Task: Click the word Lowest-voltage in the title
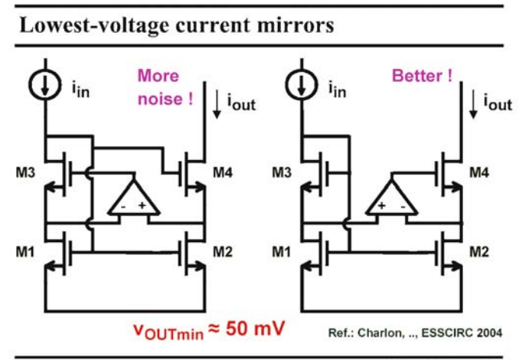[x=94, y=25]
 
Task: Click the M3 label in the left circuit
[x=25, y=172]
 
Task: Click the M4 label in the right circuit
[x=479, y=172]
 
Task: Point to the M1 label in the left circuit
[x=25, y=252]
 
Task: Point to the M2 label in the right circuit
[x=479, y=252]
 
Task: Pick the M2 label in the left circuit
[x=223, y=252]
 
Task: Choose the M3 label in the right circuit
[x=282, y=172]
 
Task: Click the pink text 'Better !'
[x=422, y=76]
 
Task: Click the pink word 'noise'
[x=159, y=99]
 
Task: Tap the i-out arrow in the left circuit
[x=217, y=104]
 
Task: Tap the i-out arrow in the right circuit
[x=473, y=104]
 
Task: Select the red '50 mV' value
[x=255, y=329]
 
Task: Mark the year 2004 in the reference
[x=490, y=332]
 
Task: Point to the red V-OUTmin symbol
[x=168, y=332]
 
